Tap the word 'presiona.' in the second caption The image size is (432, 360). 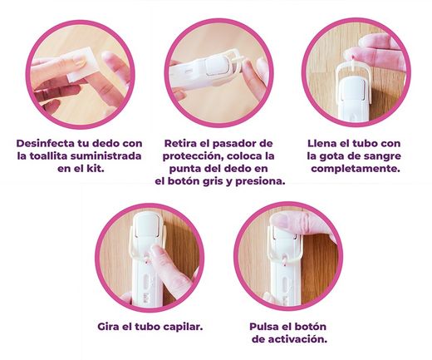[x=258, y=180]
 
